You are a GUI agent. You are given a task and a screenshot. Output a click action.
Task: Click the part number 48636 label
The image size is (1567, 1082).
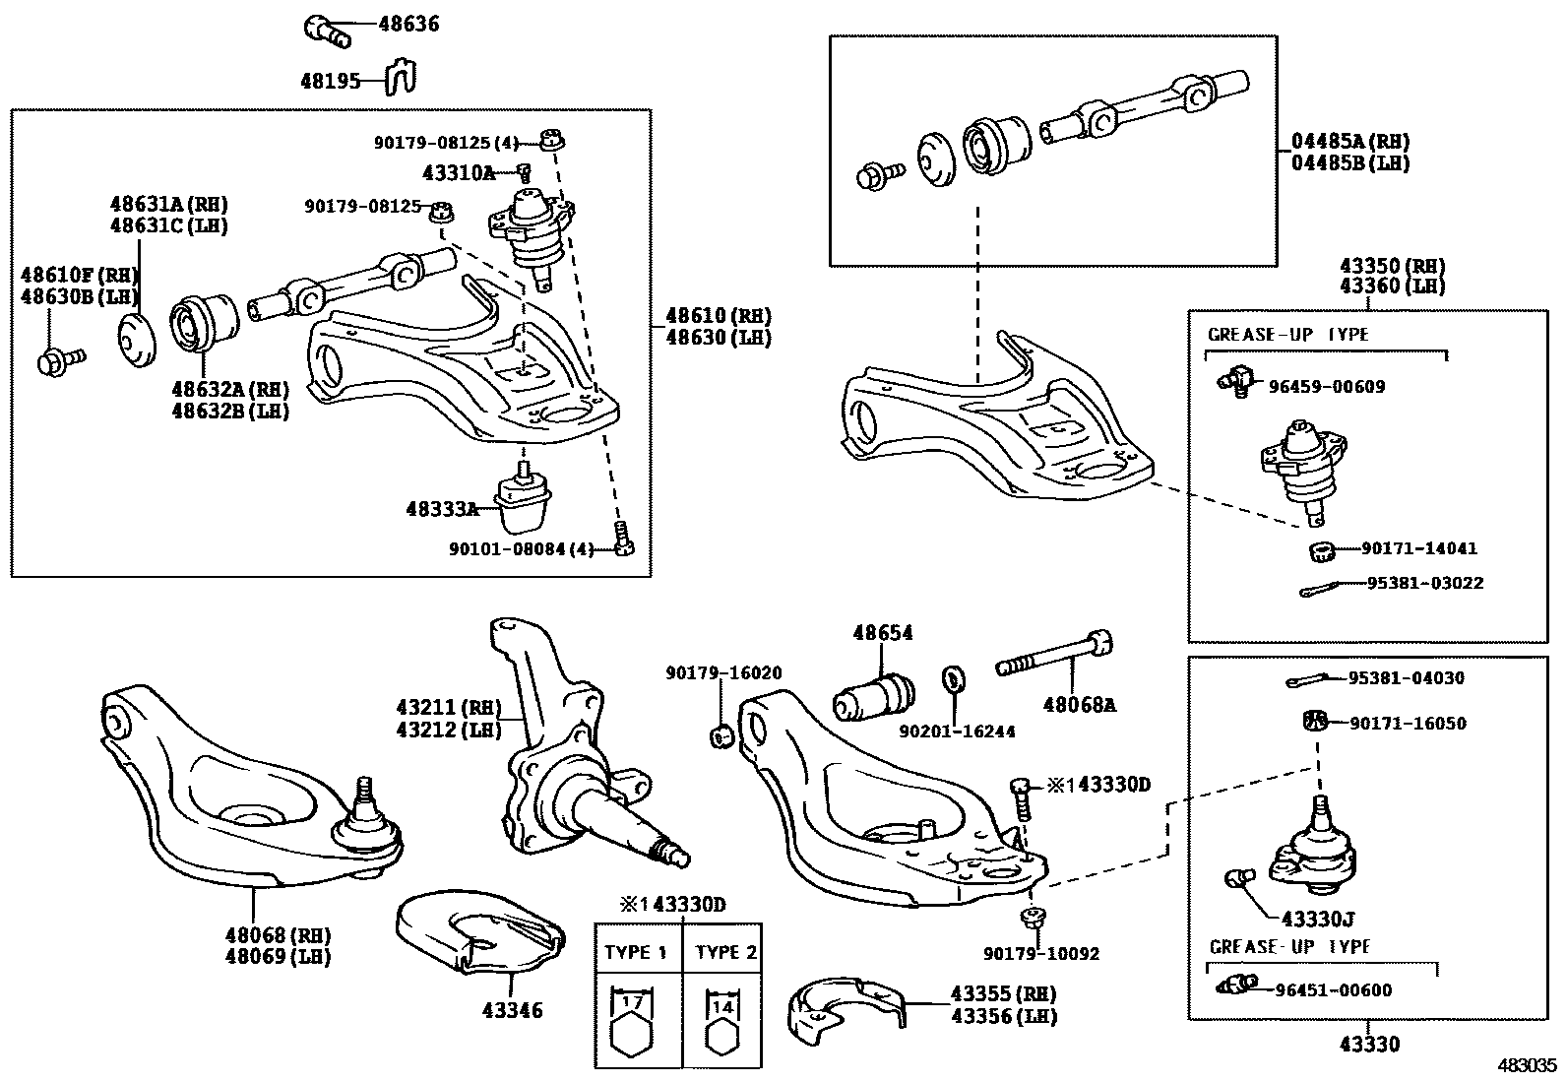coord(408,24)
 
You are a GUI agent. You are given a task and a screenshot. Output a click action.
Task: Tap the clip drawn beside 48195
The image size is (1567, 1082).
coord(401,78)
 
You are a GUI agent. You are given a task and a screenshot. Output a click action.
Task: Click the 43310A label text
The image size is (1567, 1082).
coord(459,173)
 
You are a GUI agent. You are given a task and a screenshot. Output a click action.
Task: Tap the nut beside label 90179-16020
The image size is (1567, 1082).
coord(721,735)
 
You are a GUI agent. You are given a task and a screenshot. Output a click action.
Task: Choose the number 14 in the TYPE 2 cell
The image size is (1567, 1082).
coord(722,1006)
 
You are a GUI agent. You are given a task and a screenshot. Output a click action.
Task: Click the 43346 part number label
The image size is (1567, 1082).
coord(512,1010)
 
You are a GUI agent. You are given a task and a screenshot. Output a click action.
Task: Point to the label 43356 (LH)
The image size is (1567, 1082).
coord(1004,1017)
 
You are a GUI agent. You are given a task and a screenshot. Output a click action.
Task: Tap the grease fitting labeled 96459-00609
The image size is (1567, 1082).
coord(1236,378)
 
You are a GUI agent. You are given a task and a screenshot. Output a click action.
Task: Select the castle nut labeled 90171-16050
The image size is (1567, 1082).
coord(1312,722)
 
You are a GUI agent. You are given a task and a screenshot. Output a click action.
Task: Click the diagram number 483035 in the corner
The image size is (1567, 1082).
coord(1528,1065)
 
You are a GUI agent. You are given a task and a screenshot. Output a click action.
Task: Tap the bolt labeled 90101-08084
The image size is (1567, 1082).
coord(622,541)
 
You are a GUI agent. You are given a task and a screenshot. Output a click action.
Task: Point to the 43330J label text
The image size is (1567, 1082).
coord(1318,920)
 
